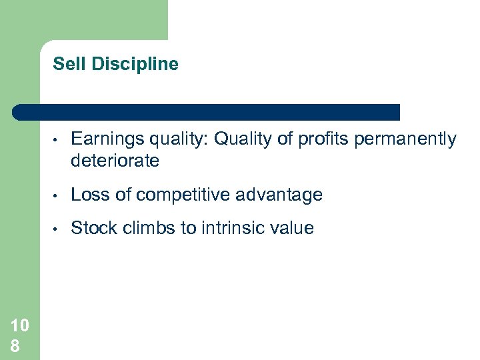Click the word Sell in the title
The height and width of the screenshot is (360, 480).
[65, 64]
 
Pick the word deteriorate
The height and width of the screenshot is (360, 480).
[115, 160]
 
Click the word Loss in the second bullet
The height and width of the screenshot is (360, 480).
[89, 195]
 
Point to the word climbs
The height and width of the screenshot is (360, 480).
[147, 228]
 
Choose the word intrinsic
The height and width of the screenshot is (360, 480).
[231, 228]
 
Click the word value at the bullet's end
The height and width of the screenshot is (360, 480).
[292, 228]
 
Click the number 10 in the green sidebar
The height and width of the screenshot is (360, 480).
[19, 325]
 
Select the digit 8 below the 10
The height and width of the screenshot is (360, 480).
[15, 345]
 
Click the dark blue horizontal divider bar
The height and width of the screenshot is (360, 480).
[207, 112]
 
